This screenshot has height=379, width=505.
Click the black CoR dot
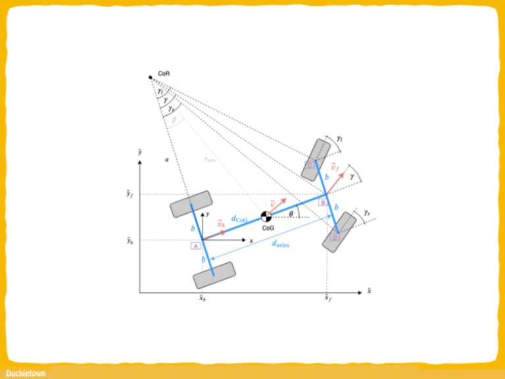(x=151, y=78)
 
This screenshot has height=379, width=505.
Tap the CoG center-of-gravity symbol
(x=266, y=216)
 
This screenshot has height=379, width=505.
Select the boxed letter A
(x=195, y=245)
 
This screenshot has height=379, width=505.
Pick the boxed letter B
(x=324, y=203)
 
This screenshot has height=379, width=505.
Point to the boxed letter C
(x=309, y=164)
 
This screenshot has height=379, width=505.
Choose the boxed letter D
(x=335, y=238)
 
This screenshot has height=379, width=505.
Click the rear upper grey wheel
(x=191, y=204)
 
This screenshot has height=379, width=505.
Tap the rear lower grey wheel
(x=214, y=275)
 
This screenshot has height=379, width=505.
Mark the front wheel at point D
(x=339, y=231)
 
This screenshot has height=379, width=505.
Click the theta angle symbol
(x=291, y=214)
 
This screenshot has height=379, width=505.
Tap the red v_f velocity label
(x=335, y=168)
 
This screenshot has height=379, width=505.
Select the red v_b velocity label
(x=221, y=224)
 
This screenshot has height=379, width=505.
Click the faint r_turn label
(x=210, y=159)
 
